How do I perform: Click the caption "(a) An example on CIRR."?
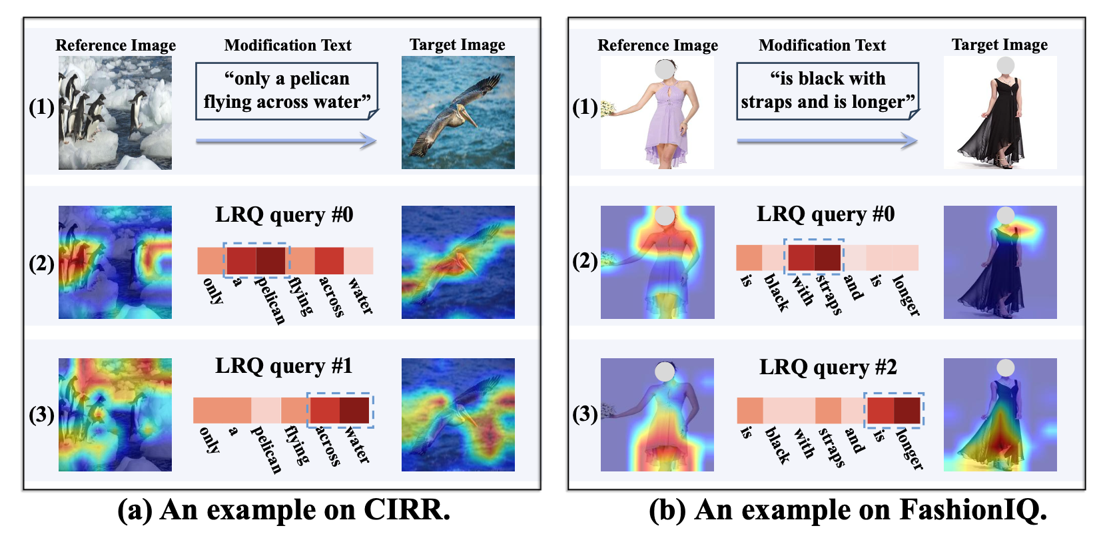point(284,510)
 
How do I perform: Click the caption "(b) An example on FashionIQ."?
point(848,510)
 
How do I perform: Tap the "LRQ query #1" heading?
point(284,366)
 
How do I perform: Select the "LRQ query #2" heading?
point(828,368)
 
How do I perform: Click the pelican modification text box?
point(286,91)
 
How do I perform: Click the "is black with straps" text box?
point(827,91)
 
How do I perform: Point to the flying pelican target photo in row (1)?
point(458,112)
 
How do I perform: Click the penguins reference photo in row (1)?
point(115,112)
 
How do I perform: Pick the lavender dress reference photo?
point(657,112)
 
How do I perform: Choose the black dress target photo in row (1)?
point(1000,112)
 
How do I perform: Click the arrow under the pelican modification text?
point(286,140)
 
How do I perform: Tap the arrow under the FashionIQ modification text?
point(827,140)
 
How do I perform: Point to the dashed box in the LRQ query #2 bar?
point(894,409)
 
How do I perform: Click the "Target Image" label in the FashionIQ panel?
point(999,45)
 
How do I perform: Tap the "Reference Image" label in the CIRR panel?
point(115,45)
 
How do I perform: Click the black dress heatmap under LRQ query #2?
point(1000,415)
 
